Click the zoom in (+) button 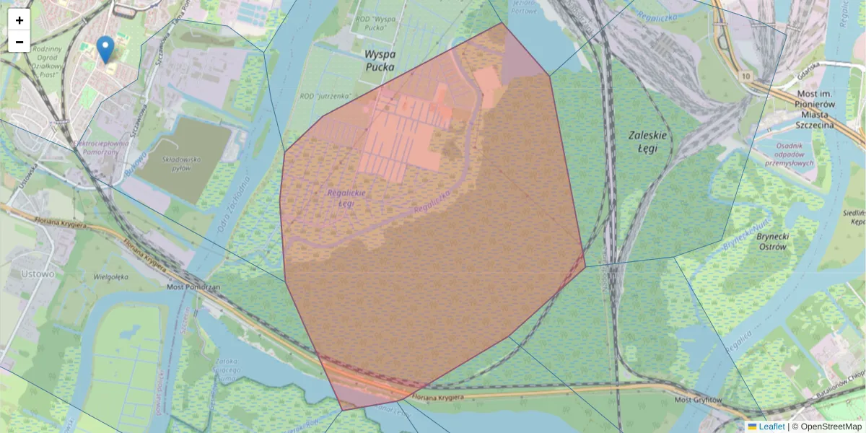point(19,20)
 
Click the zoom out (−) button point(19,42)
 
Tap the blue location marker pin point(105,49)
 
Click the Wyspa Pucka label point(380,61)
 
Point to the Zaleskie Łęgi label point(648,141)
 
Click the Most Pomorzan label point(193,287)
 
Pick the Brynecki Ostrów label point(771,241)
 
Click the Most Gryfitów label point(698,400)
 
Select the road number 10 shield point(745,75)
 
